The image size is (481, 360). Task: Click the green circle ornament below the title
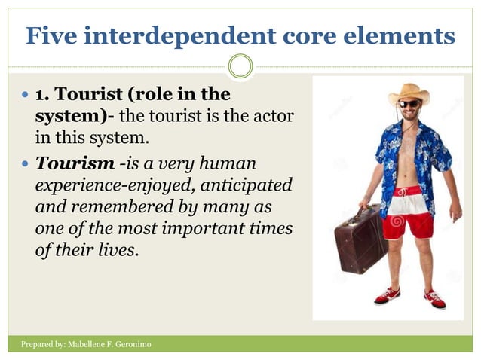[240, 66]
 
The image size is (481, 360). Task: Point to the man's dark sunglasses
[409, 104]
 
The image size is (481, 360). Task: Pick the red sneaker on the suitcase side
[388, 294]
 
